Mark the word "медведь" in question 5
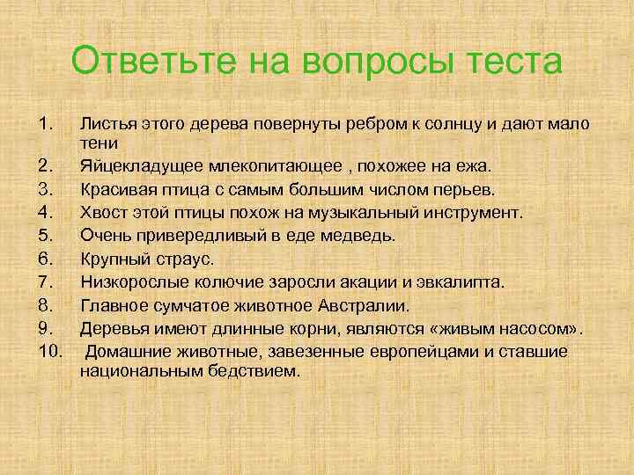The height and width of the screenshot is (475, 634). (x=365, y=236)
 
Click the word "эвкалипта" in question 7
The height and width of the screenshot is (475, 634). (x=463, y=281)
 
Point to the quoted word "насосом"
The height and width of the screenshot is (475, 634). (x=534, y=328)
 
